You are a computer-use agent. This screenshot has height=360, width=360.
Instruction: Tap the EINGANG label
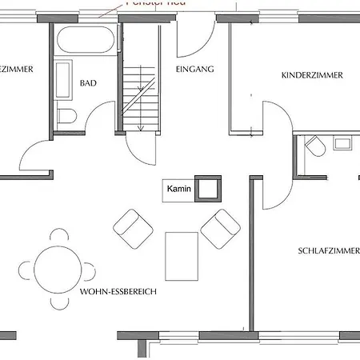[x=194, y=70]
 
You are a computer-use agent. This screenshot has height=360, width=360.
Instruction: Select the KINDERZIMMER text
[x=312, y=75]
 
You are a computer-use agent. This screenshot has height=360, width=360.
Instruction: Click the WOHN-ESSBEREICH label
[x=118, y=293]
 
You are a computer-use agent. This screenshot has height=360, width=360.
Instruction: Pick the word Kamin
[x=178, y=190]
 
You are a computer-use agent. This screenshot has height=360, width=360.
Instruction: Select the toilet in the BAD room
[x=66, y=115]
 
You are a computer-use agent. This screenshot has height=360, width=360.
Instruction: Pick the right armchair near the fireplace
[x=220, y=228]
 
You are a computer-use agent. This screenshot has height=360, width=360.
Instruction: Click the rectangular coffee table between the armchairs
[x=181, y=255]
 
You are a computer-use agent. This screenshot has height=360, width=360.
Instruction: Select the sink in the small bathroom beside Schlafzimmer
[x=345, y=144]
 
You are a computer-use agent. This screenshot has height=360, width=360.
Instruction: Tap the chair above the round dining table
[x=58, y=236]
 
